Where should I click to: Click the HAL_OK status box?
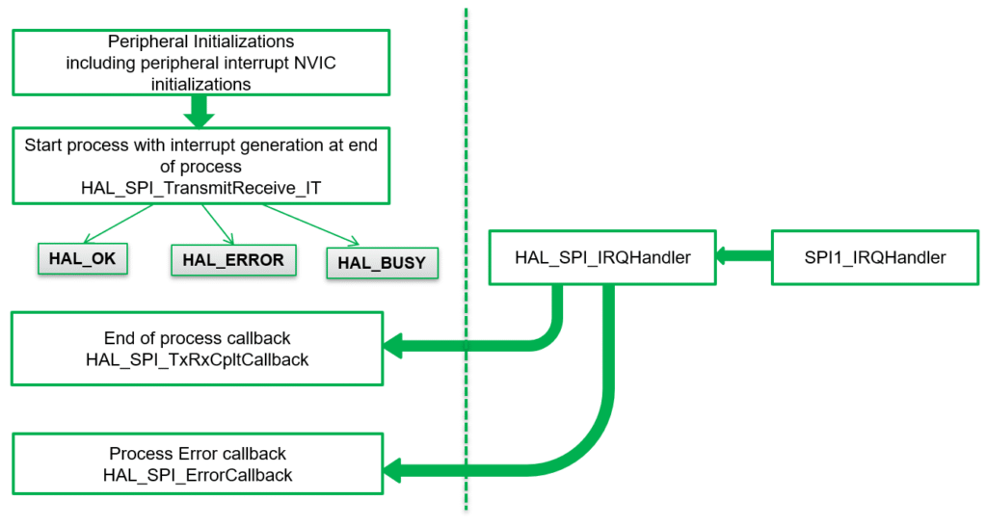(83, 258)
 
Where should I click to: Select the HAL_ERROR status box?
(233, 259)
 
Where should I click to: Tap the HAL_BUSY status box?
(383, 262)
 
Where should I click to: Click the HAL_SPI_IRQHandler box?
(602, 257)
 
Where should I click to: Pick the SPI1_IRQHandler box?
(875, 257)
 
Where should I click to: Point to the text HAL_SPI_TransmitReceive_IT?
(201, 186)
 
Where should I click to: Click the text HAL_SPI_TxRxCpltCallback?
(198, 358)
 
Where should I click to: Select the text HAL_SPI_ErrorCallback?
(198, 475)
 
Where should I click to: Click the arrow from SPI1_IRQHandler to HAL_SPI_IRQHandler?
(744, 256)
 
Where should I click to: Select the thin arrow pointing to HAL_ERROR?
(218, 224)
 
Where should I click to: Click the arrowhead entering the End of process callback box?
(393, 344)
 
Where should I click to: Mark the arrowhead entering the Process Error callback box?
(393, 469)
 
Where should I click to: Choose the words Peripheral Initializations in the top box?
(200, 43)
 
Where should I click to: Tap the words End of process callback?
(198, 338)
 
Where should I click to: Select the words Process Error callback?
(198, 454)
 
